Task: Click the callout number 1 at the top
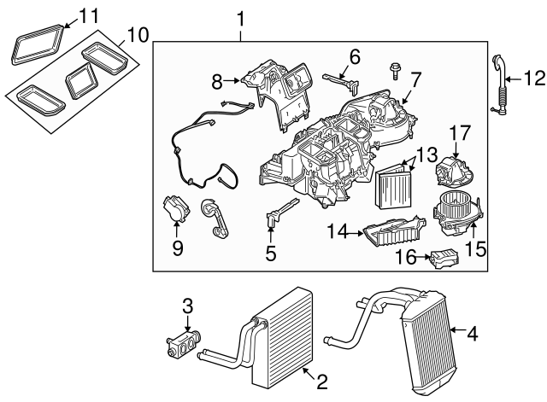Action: click(240, 18)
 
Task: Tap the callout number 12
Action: click(532, 79)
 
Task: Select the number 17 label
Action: click(460, 133)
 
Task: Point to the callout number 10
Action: click(137, 35)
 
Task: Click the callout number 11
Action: click(89, 15)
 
